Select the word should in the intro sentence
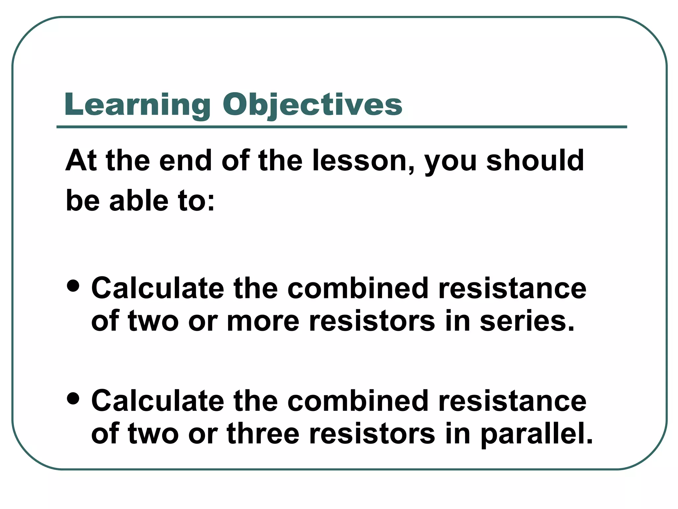coord(535,161)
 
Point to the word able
coord(139,201)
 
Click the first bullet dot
coord(73,286)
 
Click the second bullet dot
coord(73,398)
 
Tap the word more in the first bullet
coord(263,321)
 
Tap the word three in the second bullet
coord(263,433)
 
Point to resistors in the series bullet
coord(372,321)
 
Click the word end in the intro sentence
coord(185,161)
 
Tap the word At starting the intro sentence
coord(81,161)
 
